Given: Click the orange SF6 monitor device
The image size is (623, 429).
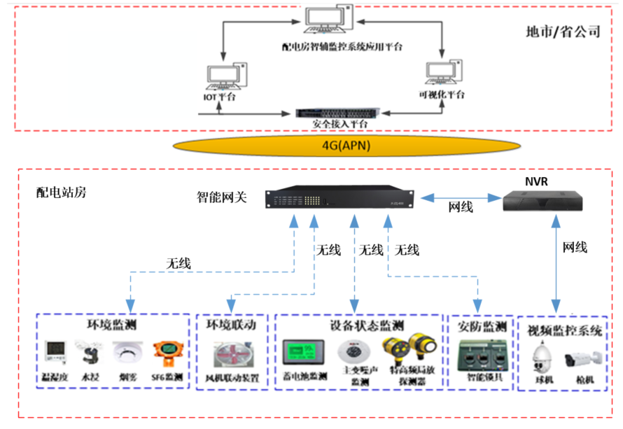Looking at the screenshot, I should click(x=167, y=355).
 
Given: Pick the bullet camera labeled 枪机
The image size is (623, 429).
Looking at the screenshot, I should click(x=582, y=358).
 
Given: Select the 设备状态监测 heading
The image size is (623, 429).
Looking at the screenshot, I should click(x=358, y=327).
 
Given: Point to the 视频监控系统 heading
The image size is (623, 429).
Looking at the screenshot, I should click(x=562, y=331).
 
